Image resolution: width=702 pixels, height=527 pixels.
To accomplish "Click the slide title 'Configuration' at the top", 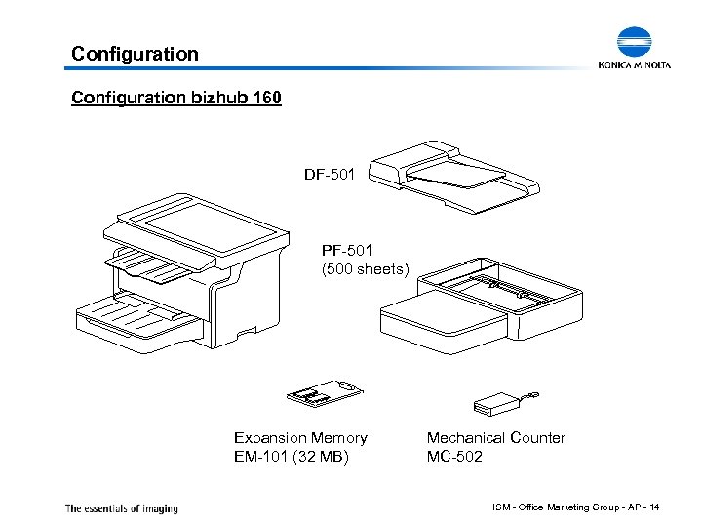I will [x=135, y=54].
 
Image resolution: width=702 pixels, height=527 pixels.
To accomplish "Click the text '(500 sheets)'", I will [x=366, y=268].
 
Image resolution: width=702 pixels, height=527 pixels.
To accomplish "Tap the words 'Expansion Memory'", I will [x=300, y=438].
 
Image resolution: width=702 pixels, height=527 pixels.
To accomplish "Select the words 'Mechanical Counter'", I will [x=495, y=438].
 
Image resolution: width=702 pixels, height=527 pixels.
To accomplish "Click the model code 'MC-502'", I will [x=454, y=457].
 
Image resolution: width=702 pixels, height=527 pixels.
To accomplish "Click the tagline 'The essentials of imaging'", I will [x=122, y=507].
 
